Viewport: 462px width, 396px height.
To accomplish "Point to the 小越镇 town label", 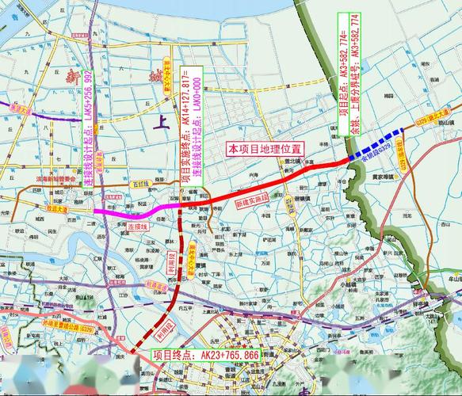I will [347, 283].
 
